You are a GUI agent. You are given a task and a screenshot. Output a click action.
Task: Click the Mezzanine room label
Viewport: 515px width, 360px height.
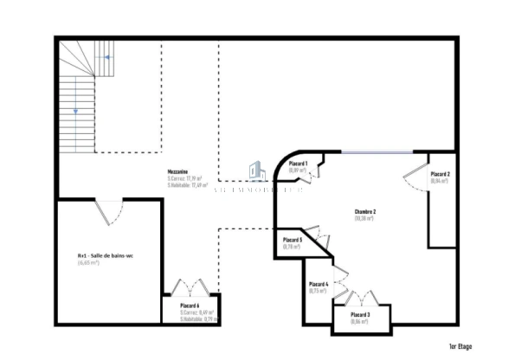pyautogui.click(x=178, y=172)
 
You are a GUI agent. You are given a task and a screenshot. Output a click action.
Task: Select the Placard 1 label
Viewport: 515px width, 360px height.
pyautogui.click(x=299, y=164)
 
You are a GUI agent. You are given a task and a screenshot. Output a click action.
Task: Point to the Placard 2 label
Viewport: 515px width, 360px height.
pyautogui.click(x=441, y=175)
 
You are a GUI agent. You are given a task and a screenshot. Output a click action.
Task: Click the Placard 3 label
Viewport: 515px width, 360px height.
pyautogui.click(x=360, y=314)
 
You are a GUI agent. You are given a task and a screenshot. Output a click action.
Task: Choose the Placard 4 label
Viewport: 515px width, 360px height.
pyautogui.click(x=319, y=284)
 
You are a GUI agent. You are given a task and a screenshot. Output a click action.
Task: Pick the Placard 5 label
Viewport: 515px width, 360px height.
pyautogui.click(x=293, y=240)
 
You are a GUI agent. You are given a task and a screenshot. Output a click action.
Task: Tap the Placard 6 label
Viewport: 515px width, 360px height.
pyautogui.click(x=190, y=305)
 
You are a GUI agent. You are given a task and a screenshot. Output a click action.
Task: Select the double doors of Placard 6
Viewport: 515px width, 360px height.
pyautogui.click(x=188, y=288)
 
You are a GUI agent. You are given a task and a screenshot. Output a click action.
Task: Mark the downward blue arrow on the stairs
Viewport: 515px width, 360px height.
pyautogui.click(x=75, y=111)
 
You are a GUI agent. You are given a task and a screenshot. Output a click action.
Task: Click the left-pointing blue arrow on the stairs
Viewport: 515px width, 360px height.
pyautogui.click(x=106, y=58)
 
